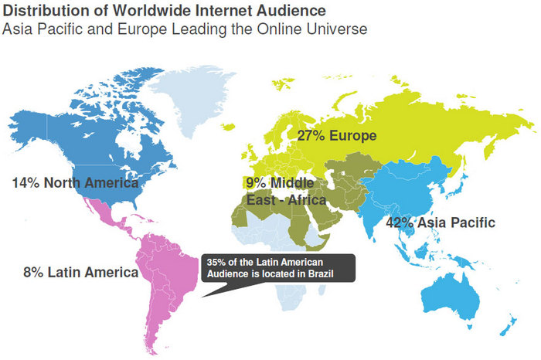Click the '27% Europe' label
(x=337, y=136)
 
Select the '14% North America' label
(x=75, y=183)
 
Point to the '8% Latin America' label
(x=80, y=272)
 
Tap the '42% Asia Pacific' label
(x=440, y=222)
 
